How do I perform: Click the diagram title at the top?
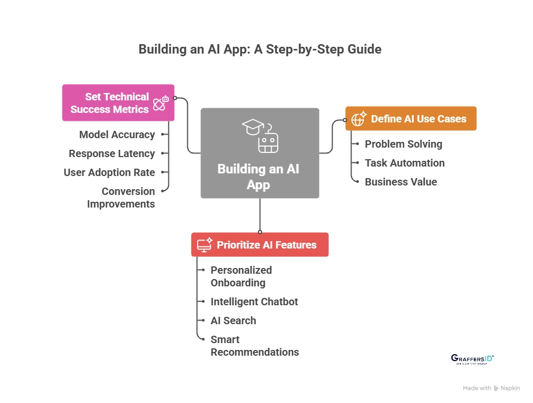[x=260, y=49]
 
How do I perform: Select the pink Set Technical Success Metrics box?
[x=118, y=103]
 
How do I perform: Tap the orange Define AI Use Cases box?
[x=411, y=119]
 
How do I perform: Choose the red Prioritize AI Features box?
[x=260, y=245]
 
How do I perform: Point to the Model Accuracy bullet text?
[x=117, y=135]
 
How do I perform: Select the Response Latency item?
[x=112, y=153]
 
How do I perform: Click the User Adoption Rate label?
[x=109, y=172]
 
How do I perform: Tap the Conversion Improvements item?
[x=121, y=198]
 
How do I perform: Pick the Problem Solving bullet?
[x=403, y=144]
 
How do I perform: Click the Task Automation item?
[x=404, y=163]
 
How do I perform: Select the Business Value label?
[x=401, y=182]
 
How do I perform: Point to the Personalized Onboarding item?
[x=241, y=276]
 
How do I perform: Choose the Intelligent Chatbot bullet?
[x=254, y=302]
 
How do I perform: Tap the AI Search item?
[x=233, y=321]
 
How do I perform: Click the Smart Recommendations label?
[x=254, y=346]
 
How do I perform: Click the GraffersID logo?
[x=472, y=359]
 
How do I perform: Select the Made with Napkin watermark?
[x=491, y=388]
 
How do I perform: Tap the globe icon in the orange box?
[x=359, y=119]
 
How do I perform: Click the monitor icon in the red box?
[x=204, y=245]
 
